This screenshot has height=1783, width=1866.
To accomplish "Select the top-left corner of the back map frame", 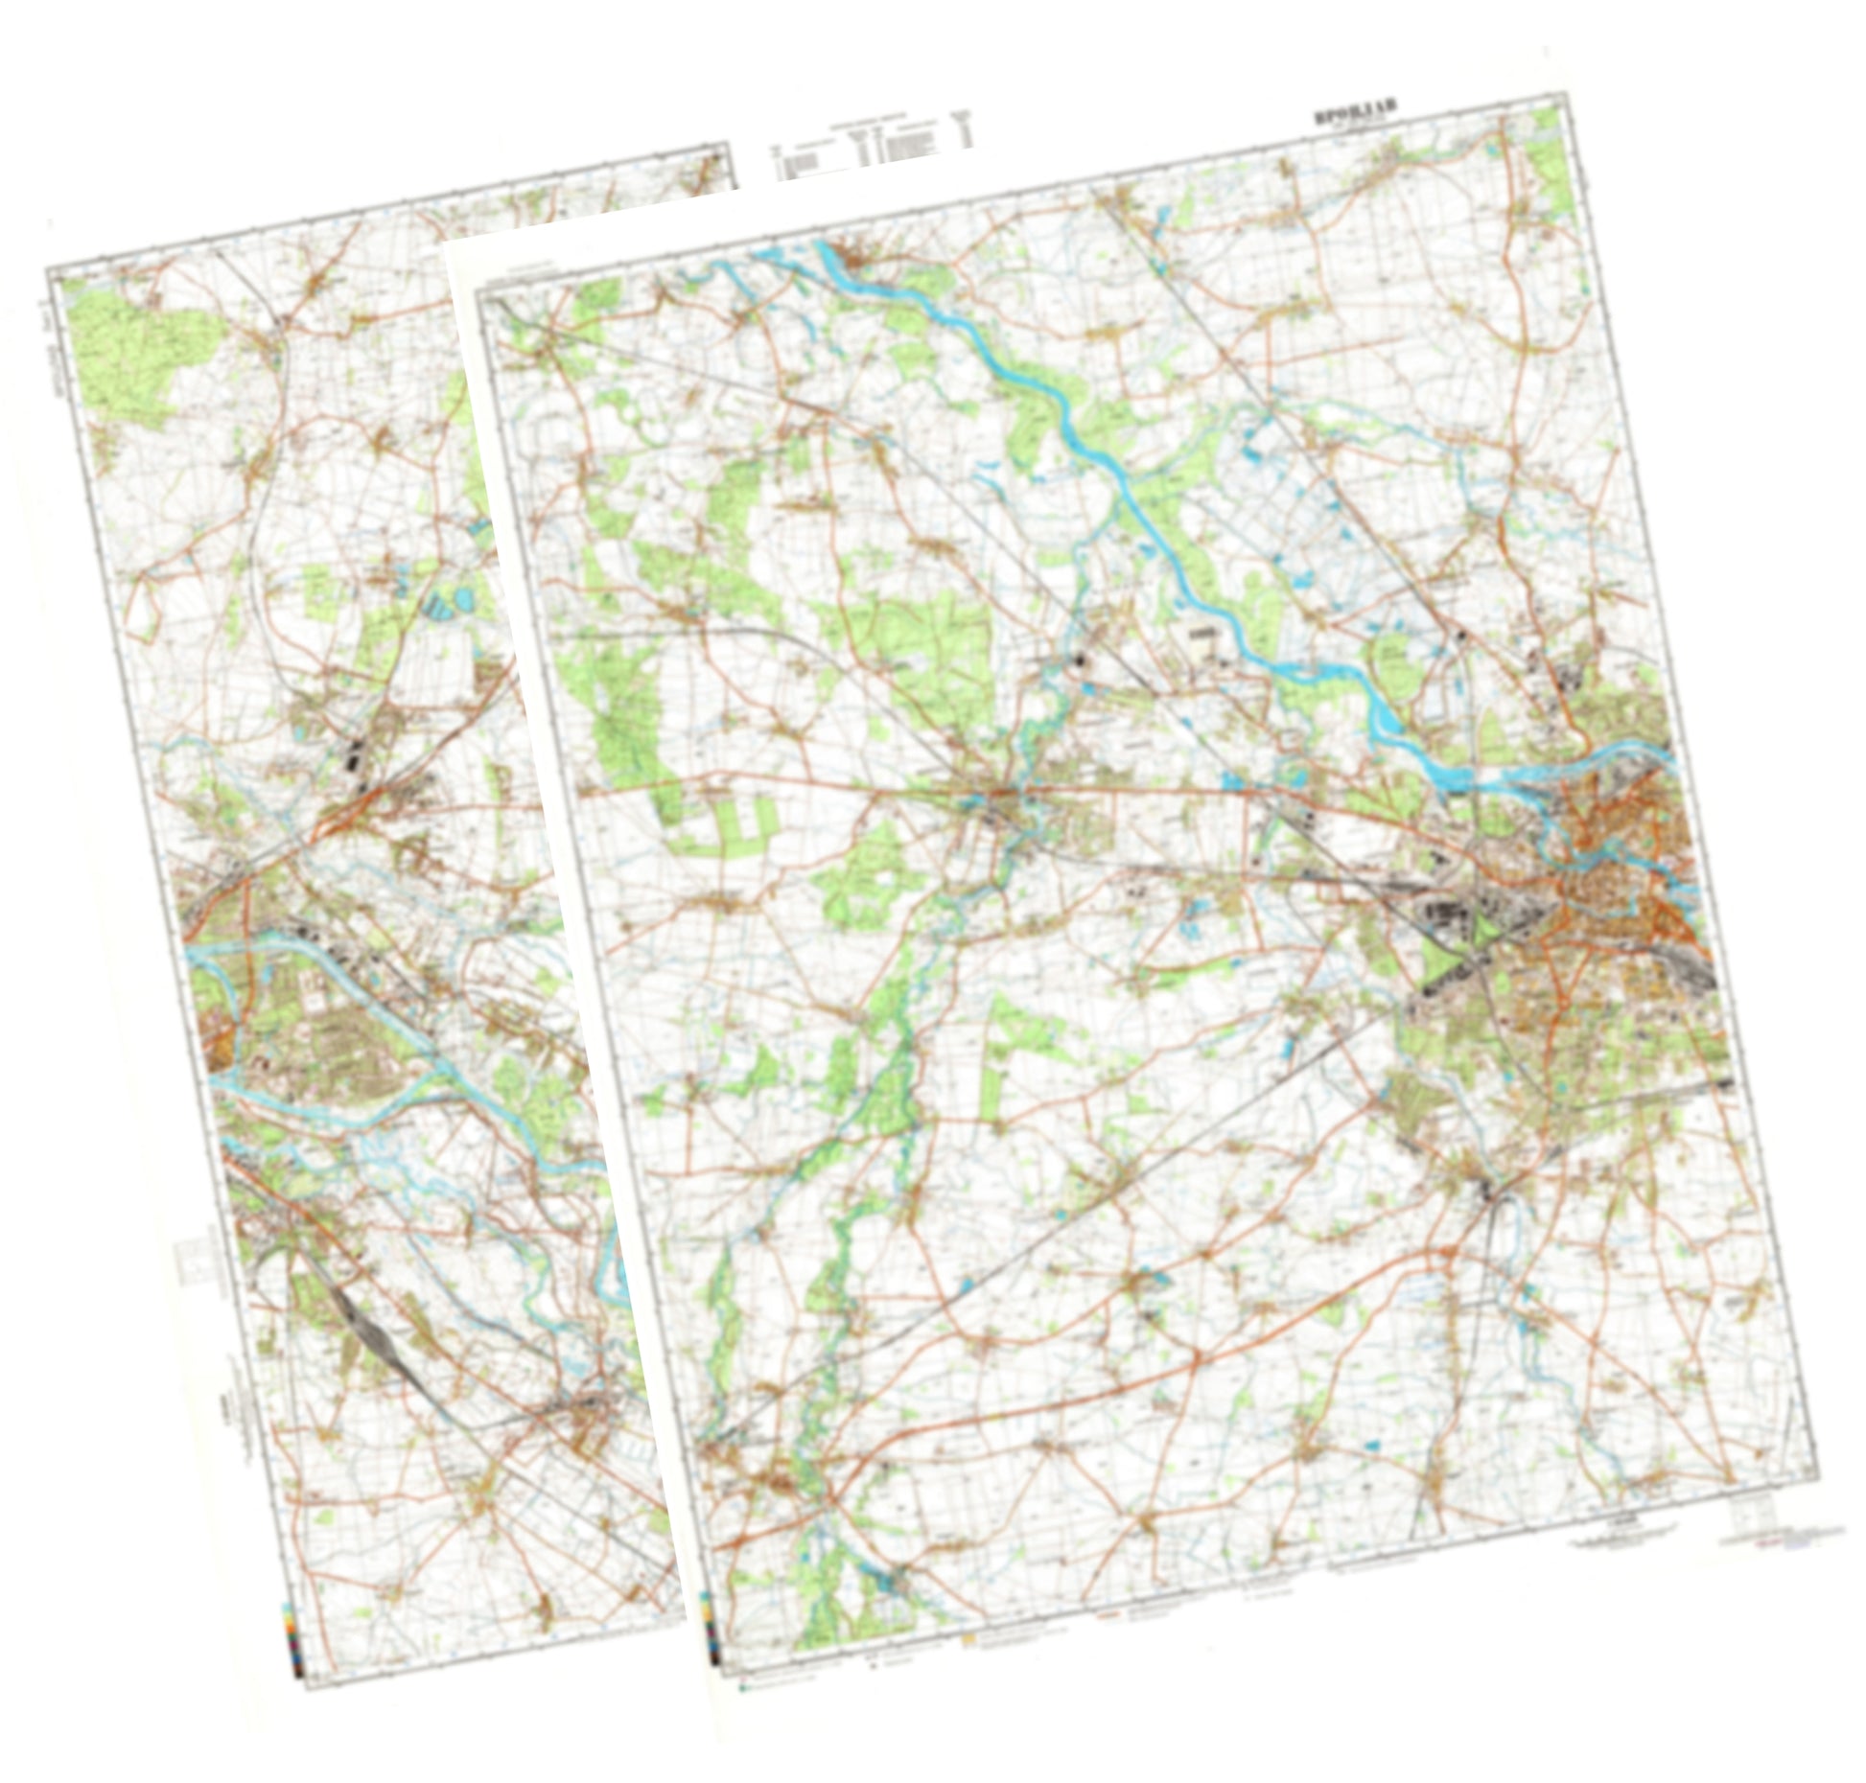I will click(x=50, y=271).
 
